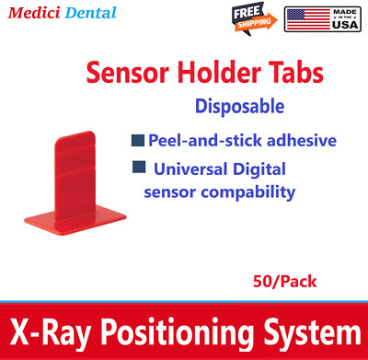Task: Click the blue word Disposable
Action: [239, 106]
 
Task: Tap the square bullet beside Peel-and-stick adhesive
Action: [137, 141]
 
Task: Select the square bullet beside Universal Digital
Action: [137, 168]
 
